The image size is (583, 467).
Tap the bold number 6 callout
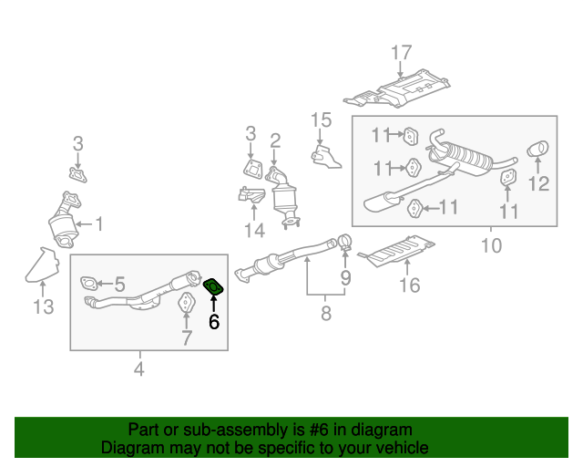pos(214,321)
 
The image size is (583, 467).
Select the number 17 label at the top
pos(402,54)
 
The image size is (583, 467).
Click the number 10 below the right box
pos(491,245)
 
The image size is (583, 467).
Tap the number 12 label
pos(538,185)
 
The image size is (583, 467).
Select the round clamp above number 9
pos(345,242)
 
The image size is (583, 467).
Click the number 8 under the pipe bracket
pos(325,315)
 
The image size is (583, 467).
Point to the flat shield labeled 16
pos(398,249)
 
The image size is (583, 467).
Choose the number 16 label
pos(410,285)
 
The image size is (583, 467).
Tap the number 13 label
pos(44,307)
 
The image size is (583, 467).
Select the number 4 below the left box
pos(138,368)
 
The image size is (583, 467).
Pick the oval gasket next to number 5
pos(88,284)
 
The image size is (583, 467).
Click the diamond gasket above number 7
pos(186,304)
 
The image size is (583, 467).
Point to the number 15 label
pos(321,119)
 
